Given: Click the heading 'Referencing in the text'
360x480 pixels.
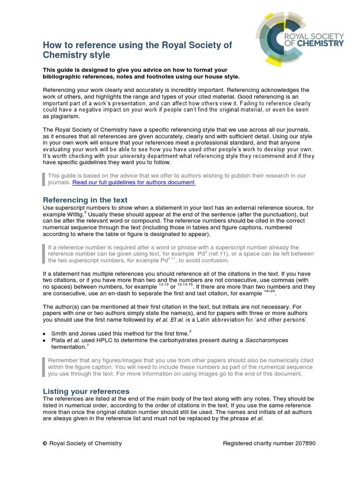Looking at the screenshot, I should click(x=85, y=200).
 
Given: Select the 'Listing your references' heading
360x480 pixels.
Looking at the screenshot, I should click(x=86, y=391).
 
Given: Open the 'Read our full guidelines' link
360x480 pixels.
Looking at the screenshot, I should click(x=134, y=182).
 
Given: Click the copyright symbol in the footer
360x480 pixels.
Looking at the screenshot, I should click(x=45, y=443).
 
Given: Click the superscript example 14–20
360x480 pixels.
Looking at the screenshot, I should click(x=269, y=292).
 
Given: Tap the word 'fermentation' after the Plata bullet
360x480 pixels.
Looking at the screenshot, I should click(x=67, y=347).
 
